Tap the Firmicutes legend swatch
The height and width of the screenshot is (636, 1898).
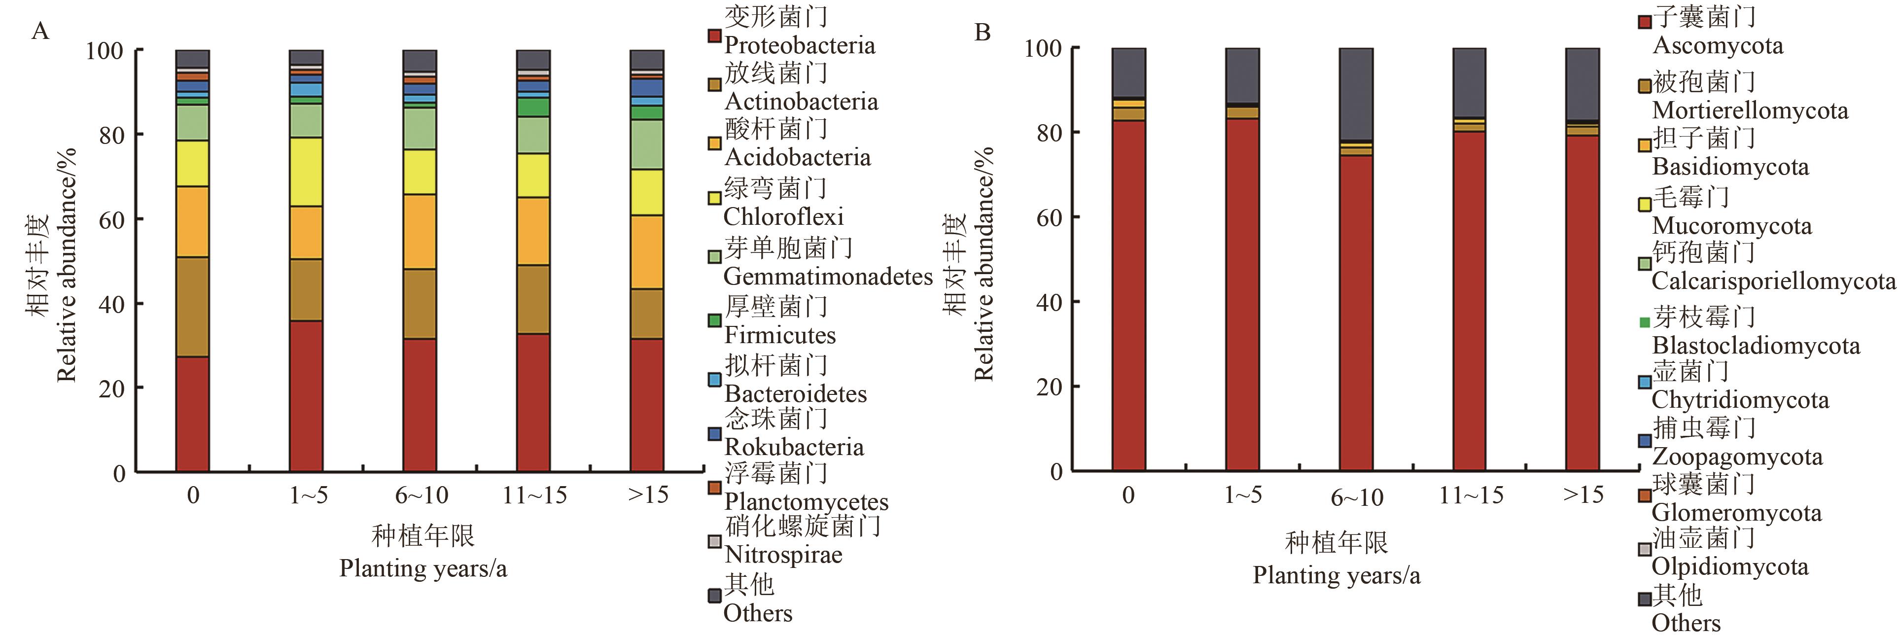point(714,320)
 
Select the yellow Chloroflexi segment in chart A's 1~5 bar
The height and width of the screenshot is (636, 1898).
point(306,172)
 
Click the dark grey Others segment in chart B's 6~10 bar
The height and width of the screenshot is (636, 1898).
point(1356,94)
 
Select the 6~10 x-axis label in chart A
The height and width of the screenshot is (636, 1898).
point(422,495)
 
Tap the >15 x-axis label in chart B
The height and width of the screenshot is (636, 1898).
point(1582,495)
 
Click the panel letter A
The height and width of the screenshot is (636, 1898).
point(40,32)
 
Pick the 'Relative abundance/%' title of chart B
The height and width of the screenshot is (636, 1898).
point(984,264)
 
